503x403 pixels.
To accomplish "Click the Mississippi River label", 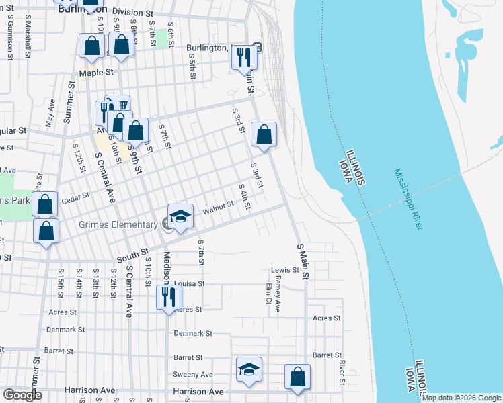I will tap(409, 199).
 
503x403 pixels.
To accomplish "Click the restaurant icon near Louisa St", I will tap(169, 298).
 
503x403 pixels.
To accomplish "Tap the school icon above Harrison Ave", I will tap(249, 369).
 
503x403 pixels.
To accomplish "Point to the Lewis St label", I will tap(284, 270).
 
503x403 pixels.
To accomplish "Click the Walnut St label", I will tap(217, 212).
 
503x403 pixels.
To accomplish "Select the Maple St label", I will tap(97, 71).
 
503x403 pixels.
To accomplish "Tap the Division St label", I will tap(133, 12).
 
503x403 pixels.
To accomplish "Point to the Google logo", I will tap(22, 395).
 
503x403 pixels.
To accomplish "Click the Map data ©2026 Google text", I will tap(461, 398).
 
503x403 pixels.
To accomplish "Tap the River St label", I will tap(342, 368).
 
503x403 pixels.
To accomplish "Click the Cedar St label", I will tap(75, 198).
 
